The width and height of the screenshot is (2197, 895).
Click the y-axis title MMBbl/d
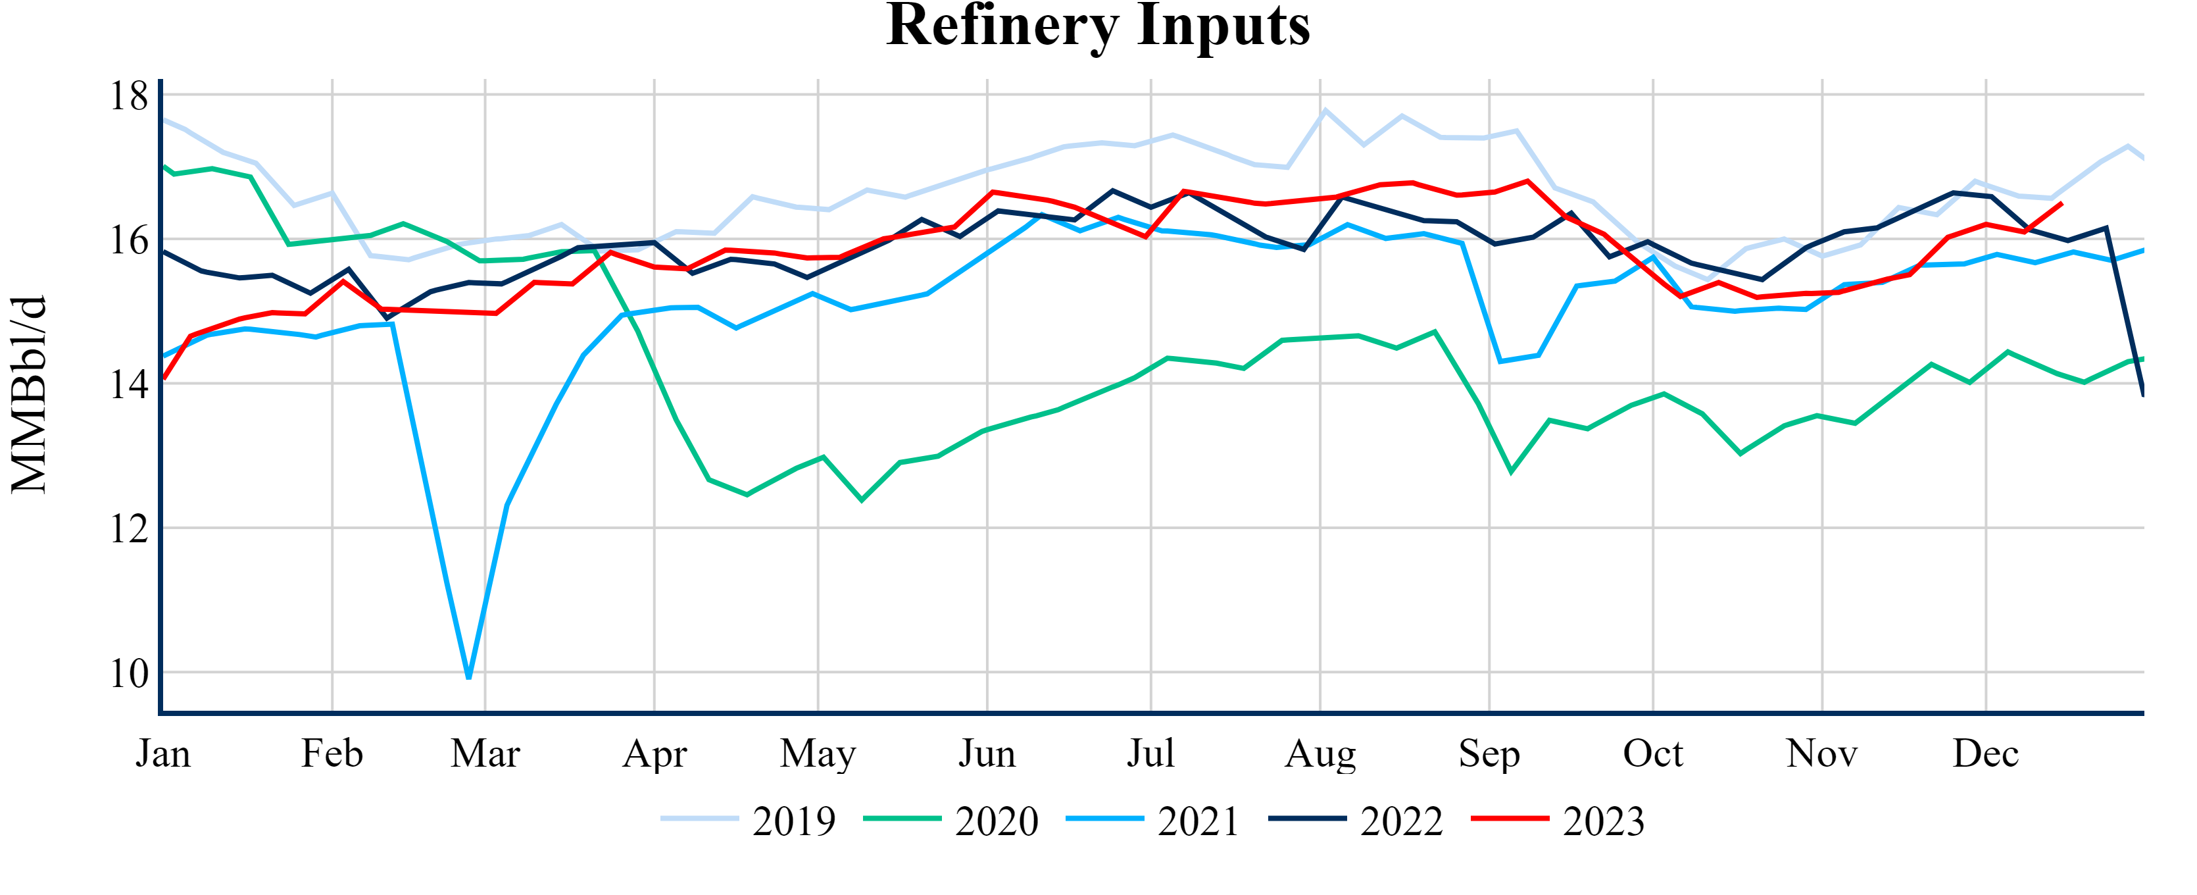click(x=29, y=394)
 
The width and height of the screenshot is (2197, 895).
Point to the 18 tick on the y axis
click(x=129, y=95)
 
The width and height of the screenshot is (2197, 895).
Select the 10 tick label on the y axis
click(x=129, y=673)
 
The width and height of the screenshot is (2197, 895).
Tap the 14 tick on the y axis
click(x=129, y=385)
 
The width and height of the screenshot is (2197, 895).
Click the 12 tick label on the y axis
click(x=129, y=529)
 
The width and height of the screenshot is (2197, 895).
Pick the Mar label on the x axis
click(x=485, y=754)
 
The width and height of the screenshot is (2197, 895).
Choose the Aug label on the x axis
click(x=1320, y=754)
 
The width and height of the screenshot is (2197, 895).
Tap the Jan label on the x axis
click(x=163, y=754)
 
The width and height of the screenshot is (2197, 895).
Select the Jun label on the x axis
click(x=987, y=754)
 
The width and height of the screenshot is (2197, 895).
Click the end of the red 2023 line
click(x=2061, y=203)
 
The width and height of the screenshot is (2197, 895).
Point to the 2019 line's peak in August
click(x=1325, y=110)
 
